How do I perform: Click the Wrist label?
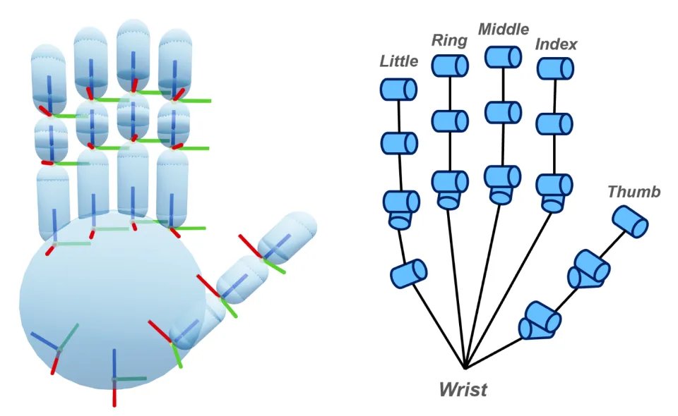point(463,389)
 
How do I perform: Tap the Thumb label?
point(634,192)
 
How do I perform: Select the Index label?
point(556,44)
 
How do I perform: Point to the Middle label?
point(504,30)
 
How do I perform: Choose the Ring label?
point(449,40)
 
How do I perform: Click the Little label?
point(399,61)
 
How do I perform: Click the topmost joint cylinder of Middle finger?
point(504,57)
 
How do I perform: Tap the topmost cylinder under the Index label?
point(554,68)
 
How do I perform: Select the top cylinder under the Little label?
point(398,89)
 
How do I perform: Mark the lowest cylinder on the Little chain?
point(408,273)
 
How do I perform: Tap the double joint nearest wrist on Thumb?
point(540,320)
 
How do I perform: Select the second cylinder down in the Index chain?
point(554,123)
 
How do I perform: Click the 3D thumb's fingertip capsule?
point(288,233)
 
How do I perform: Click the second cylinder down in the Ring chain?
point(450,121)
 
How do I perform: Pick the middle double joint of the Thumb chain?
point(589,268)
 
